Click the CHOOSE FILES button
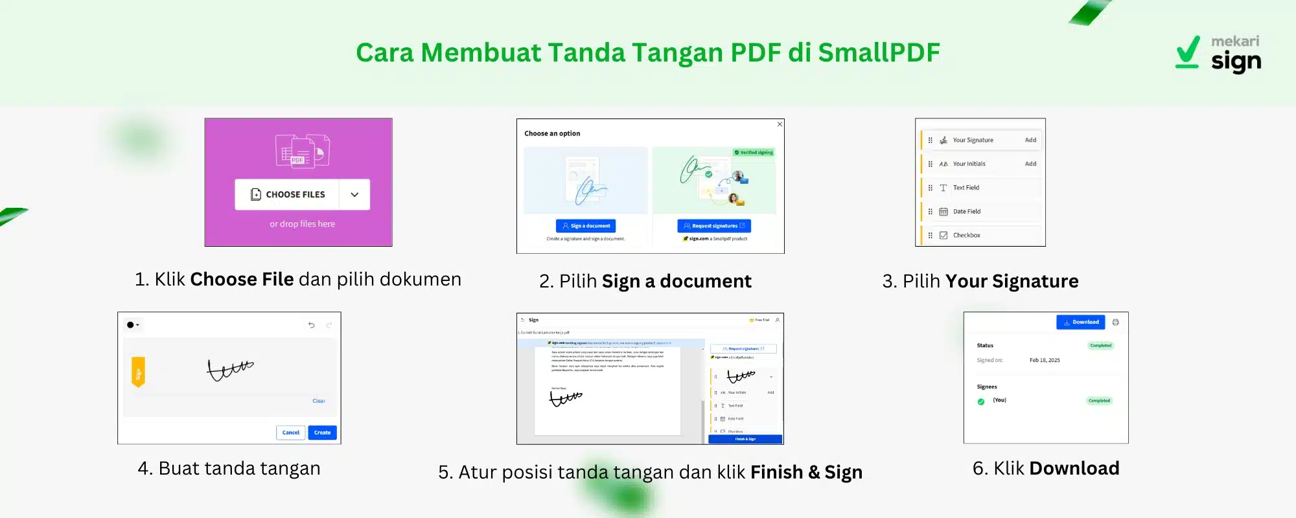[288, 194]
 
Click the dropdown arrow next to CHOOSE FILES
[354, 194]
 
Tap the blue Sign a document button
[586, 226]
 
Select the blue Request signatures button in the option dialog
[714, 226]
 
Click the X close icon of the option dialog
[780, 124]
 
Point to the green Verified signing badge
[754, 153]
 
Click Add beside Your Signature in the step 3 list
[1030, 140]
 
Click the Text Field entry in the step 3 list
[966, 188]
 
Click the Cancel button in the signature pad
[291, 433]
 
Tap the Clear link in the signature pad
[319, 401]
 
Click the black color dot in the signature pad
[130, 325]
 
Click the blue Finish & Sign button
[745, 439]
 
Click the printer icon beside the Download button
[1115, 322]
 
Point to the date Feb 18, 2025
[1045, 360]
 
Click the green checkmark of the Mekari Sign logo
[1188, 52]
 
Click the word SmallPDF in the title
[879, 52]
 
